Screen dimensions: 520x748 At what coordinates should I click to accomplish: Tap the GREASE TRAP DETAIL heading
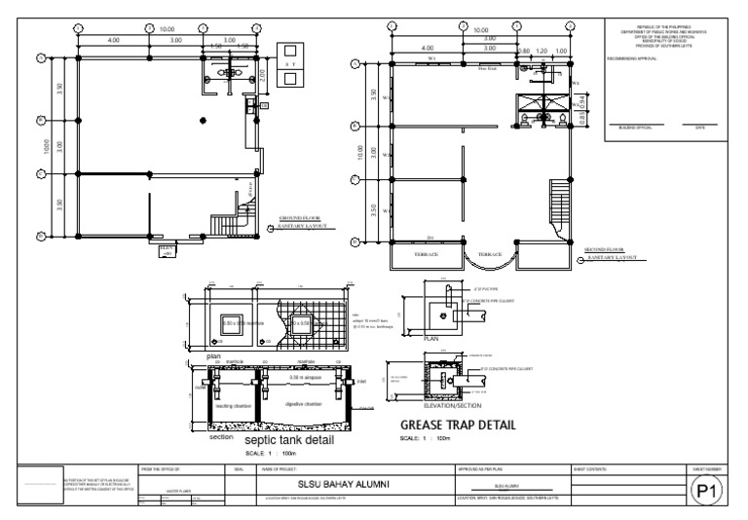(x=458, y=426)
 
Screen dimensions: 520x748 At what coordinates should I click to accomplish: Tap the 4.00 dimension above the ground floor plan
(x=114, y=40)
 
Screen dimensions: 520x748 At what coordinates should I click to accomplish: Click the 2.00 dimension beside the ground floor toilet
(x=260, y=74)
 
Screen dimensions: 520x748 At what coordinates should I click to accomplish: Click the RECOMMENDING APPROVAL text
(x=634, y=59)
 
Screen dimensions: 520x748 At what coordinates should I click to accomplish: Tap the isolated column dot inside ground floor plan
(x=202, y=119)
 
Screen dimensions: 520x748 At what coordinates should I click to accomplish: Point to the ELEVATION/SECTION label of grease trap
(x=445, y=403)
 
